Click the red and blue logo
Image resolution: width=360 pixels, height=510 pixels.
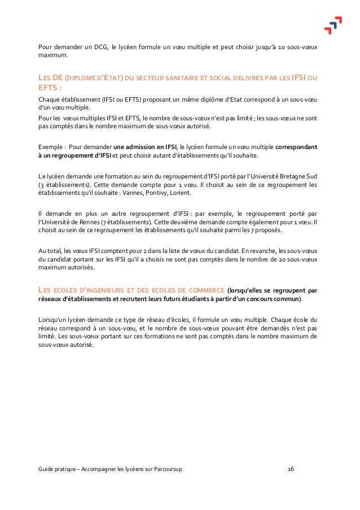[332, 25]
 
